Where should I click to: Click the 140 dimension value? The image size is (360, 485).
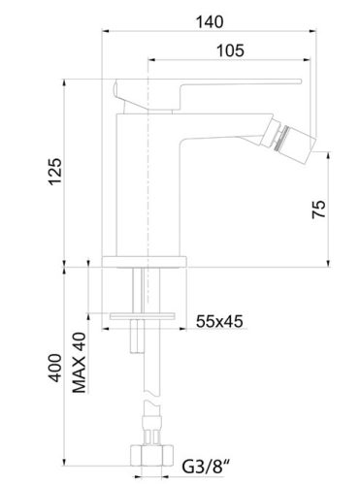coord(217,16)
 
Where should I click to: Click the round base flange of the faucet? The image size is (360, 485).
coord(146,260)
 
